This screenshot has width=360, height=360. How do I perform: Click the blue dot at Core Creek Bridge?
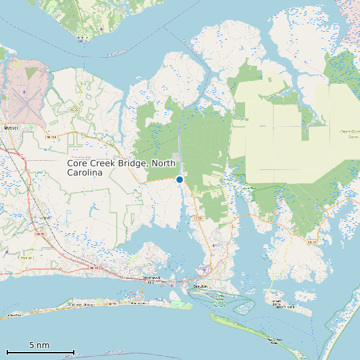tap(179, 179)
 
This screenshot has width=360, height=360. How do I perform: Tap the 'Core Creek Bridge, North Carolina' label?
tap(122, 167)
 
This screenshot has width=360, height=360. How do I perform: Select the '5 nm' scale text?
tap(39, 345)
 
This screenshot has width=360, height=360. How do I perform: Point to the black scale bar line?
tap(40, 351)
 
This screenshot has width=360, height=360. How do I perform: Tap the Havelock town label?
tap(9, 126)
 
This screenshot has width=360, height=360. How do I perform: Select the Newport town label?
tap(45, 218)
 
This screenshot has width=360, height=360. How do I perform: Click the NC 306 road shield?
tap(74, 110)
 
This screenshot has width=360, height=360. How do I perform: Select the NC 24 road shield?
tap(93, 268)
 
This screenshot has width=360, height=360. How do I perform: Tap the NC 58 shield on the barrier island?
tap(112, 303)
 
